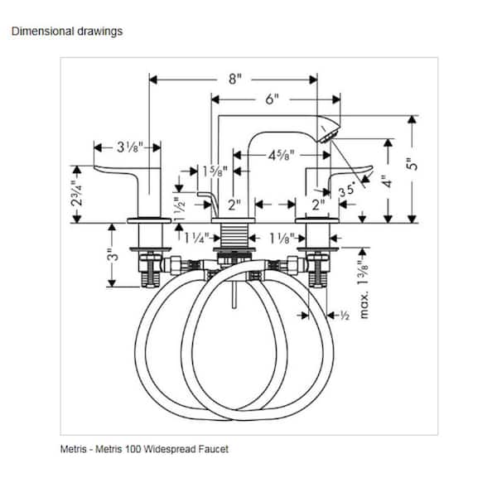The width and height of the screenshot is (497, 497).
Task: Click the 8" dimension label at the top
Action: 235,79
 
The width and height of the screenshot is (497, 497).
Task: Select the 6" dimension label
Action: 272,99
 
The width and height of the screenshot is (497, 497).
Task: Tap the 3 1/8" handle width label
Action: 130,147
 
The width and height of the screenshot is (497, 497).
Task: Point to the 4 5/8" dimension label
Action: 282,156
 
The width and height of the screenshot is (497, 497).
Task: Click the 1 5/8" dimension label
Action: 215,171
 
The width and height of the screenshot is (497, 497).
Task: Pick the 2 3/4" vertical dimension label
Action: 77,194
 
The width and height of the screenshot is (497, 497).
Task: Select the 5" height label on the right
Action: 412,164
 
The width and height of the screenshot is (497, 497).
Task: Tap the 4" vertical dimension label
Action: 388,181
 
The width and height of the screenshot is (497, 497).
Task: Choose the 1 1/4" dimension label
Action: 197,238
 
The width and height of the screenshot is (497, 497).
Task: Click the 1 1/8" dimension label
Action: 282,239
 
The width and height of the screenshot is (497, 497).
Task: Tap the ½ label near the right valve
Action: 345,316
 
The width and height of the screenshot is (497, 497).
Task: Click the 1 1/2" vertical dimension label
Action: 179,207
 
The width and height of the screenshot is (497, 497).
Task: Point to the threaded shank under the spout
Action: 234,235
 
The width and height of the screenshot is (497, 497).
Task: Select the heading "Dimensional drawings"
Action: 67,31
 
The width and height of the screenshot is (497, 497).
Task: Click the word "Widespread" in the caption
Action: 169,449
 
